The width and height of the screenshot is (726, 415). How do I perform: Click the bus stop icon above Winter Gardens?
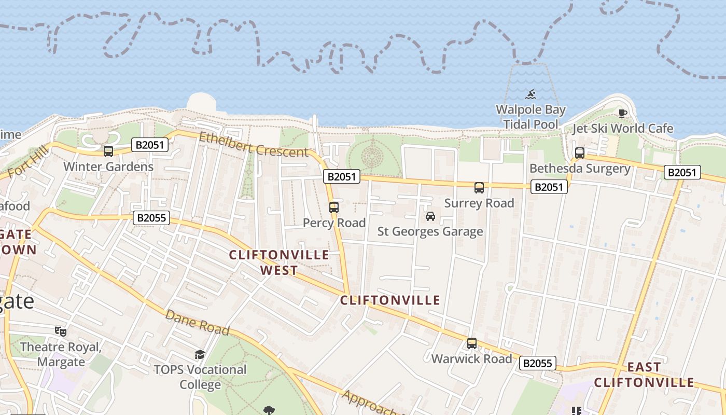click(x=108, y=151)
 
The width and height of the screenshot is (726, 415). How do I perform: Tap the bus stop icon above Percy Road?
click(x=334, y=208)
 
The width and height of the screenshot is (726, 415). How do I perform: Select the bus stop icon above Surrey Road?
click(x=479, y=188)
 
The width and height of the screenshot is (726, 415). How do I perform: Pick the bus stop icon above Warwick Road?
click(x=472, y=343)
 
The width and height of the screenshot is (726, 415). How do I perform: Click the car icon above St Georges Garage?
click(x=430, y=216)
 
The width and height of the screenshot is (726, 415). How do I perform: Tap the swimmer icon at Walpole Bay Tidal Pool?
click(x=530, y=94)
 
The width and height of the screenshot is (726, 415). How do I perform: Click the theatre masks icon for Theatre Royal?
click(x=61, y=331)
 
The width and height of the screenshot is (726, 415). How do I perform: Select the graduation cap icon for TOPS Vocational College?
click(x=200, y=354)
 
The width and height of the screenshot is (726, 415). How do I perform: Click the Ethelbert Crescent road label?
click(x=254, y=145)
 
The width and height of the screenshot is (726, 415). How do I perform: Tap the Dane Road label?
click(x=197, y=322)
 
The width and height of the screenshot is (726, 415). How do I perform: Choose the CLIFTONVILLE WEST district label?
click(x=279, y=262)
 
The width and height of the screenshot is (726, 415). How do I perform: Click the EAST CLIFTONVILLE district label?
click(x=644, y=375)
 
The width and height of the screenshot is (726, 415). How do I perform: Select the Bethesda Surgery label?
click(x=580, y=169)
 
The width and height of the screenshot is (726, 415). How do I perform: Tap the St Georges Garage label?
click(x=430, y=231)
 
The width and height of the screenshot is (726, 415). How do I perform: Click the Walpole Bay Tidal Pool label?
click(x=530, y=117)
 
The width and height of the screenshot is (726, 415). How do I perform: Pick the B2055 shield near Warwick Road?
click(x=538, y=363)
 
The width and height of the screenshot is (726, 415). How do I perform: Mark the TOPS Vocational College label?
click(x=200, y=377)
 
